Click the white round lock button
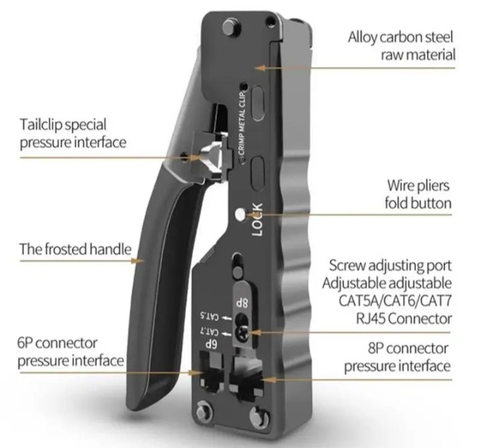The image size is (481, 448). tap(241, 216)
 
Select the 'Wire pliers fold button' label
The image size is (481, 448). tap(418, 194)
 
